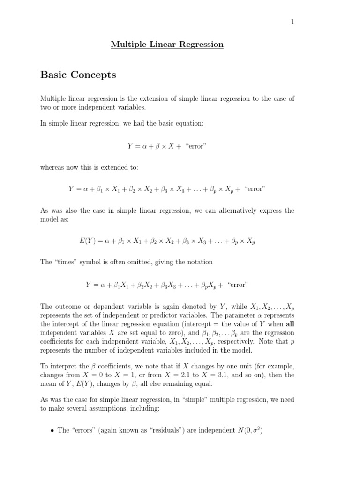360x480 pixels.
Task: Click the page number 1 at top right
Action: [292, 22]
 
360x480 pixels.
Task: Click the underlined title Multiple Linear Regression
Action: [167, 45]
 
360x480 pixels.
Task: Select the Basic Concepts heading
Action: [78, 75]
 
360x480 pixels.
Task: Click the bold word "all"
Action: [287, 323]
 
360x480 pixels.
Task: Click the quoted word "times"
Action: [67, 262]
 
